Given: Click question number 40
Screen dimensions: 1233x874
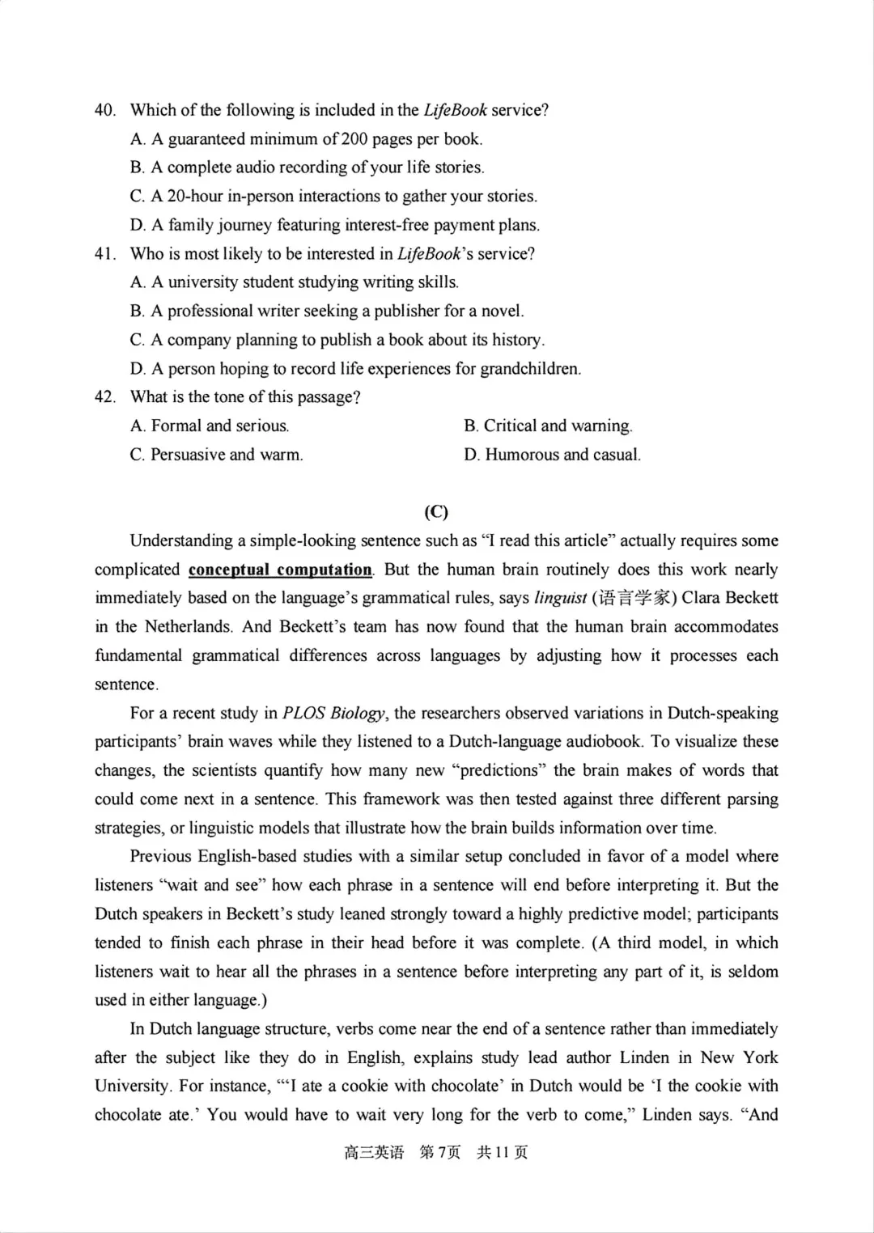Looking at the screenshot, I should point(105,110).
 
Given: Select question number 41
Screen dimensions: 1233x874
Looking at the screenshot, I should point(105,254).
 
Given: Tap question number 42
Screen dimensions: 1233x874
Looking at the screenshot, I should point(105,397).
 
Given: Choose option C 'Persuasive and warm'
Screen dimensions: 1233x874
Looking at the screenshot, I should point(216,455).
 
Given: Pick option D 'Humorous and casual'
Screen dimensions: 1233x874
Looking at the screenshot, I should point(552,455).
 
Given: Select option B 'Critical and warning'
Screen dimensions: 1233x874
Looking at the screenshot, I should point(548,426).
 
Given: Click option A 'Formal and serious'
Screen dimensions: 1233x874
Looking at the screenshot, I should point(209,426).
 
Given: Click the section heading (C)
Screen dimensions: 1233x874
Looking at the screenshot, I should point(436,511).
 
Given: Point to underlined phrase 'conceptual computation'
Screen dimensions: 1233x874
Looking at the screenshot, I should point(280,570).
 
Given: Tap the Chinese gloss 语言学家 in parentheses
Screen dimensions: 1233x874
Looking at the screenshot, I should point(634,599).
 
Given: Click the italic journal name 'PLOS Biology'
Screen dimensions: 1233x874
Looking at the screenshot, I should point(334,714).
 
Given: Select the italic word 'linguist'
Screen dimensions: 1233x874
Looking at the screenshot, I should point(560,599).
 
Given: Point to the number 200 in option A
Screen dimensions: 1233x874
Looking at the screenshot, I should point(354,139).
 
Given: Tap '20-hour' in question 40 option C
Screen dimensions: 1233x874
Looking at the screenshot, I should point(194,197).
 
